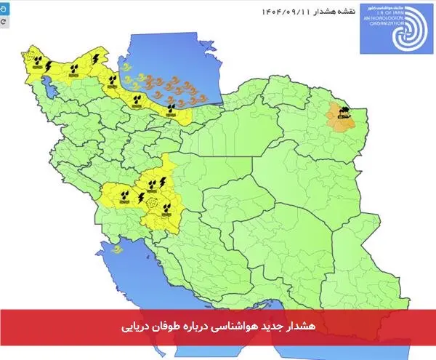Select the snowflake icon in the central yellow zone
[x=152, y=203]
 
